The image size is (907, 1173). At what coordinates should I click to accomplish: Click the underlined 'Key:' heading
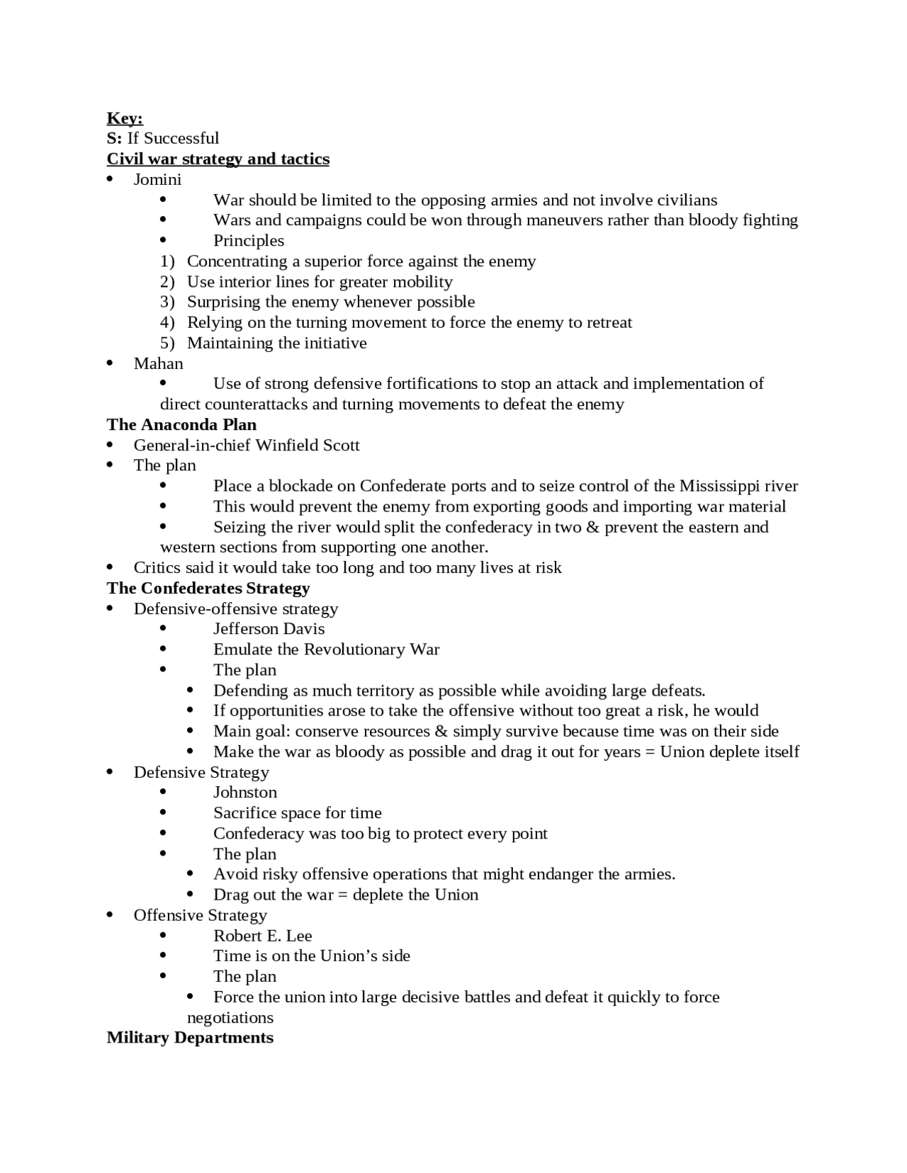(125, 118)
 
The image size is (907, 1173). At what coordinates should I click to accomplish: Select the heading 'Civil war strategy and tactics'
(218, 159)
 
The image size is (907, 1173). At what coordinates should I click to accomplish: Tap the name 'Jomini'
(157, 179)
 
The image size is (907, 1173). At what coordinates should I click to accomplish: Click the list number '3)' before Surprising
(167, 302)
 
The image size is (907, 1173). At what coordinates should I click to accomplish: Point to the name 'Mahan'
(158, 363)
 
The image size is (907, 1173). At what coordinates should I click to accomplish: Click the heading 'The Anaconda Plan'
(181, 424)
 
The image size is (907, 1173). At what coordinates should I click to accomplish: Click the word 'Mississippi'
(719, 486)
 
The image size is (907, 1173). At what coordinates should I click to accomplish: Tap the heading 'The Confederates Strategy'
(208, 588)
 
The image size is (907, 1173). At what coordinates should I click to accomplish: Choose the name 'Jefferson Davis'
(269, 629)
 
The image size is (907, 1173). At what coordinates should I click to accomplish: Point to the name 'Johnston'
(245, 793)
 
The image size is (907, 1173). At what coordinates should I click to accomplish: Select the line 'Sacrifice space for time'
(297, 813)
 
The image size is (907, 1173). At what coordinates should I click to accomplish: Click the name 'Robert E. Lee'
(262, 936)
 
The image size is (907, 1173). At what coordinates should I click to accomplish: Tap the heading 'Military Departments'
(190, 1038)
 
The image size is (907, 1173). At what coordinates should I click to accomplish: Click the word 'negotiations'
(230, 1018)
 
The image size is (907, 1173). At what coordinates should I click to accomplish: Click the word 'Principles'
(249, 241)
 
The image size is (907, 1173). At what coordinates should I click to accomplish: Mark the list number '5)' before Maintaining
(167, 343)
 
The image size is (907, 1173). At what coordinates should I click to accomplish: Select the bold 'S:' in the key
(114, 138)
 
